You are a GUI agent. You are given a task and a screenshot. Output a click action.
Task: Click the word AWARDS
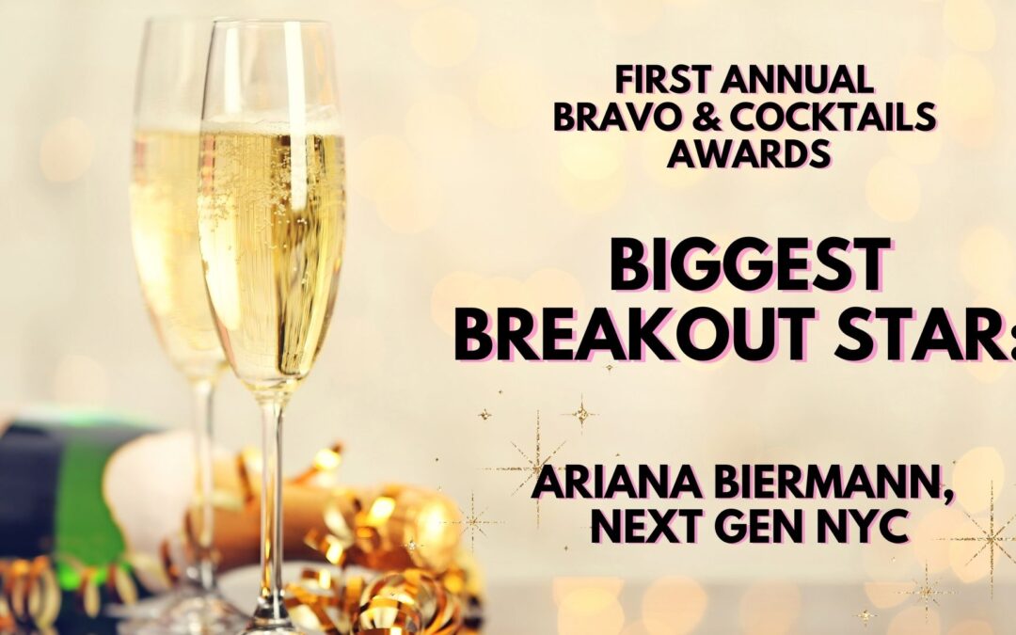(x=749, y=153)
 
